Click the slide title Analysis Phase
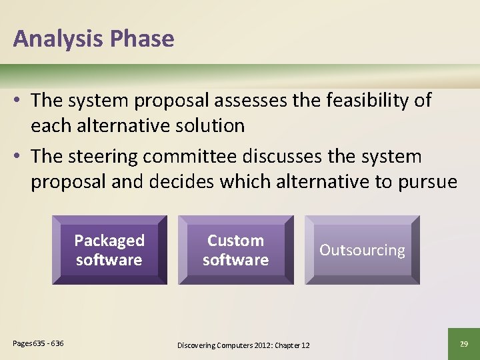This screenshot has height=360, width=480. (x=93, y=39)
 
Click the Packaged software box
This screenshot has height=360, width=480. (x=109, y=250)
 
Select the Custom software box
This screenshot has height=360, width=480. (x=236, y=250)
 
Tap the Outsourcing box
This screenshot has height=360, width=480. (x=362, y=250)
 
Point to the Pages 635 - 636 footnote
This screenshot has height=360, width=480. (x=38, y=343)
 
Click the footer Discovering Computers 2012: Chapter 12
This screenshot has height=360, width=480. (x=243, y=345)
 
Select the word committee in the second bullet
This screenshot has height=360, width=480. (x=197, y=157)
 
